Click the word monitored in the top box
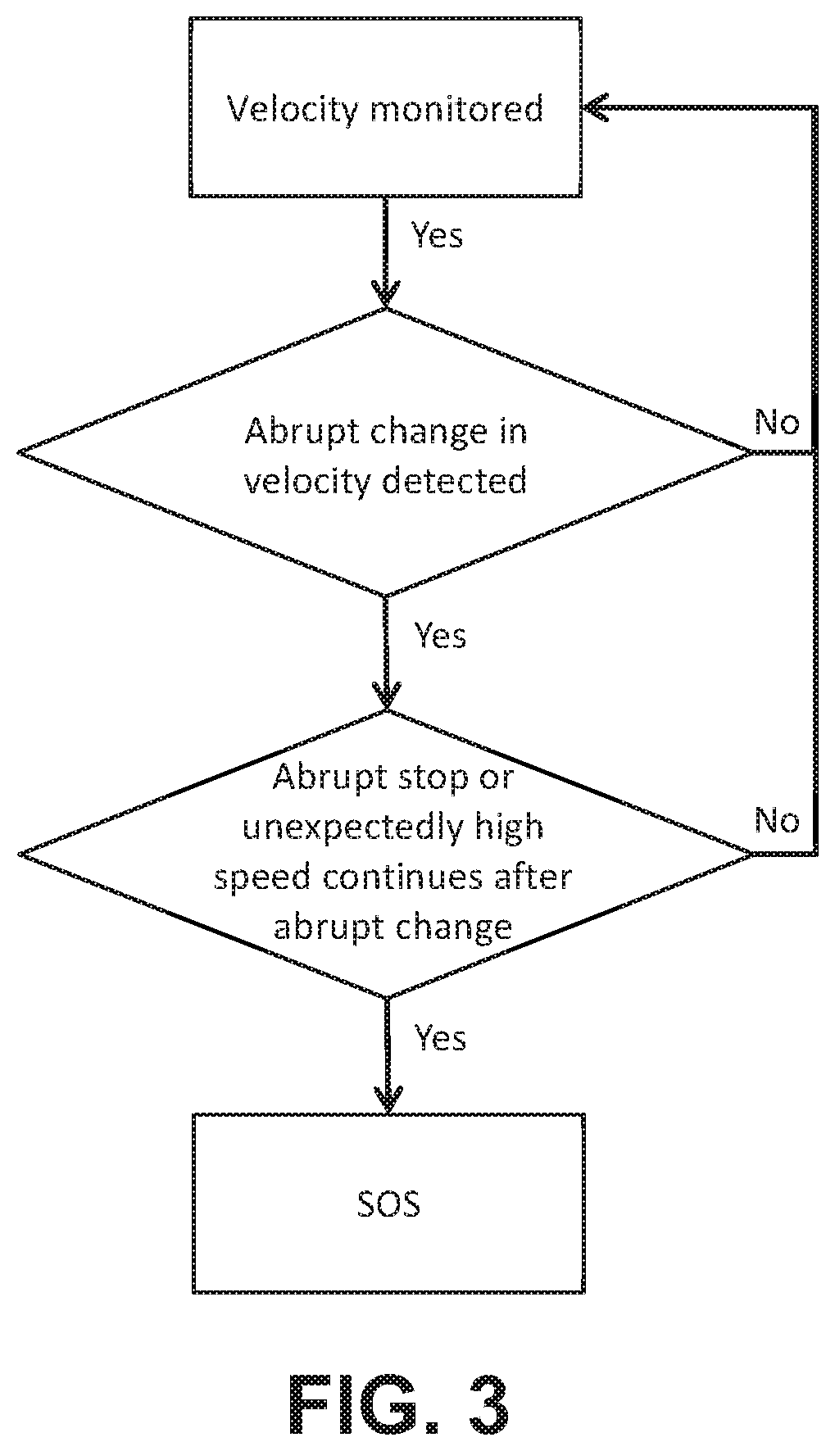pyautogui.click(x=456, y=109)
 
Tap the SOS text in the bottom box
pyautogui.click(x=389, y=1204)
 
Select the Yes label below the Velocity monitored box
pyautogui.click(x=437, y=235)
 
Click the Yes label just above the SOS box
pyautogui.click(x=440, y=1037)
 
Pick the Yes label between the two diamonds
pyautogui.click(x=440, y=635)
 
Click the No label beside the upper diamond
pyautogui.click(x=776, y=422)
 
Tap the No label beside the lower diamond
pyautogui.click(x=776, y=820)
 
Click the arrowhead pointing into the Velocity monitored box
pyautogui.click(x=596, y=107)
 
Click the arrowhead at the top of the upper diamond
pyautogui.click(x=386, y=293)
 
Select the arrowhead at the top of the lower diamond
pyautogui.click(x=386, y=695)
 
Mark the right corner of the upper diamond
pyautogui.click(x=751, y=451)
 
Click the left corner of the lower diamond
pyautogui.click(x=20, y=854)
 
